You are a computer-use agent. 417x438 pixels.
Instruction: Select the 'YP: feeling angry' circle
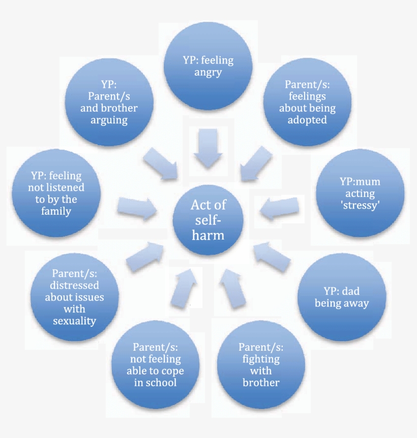[207, 66]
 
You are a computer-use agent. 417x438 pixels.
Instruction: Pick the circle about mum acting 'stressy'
[360, 194]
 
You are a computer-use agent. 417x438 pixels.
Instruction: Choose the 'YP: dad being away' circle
[342, 297]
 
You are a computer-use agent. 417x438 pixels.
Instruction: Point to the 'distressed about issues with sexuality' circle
[74, 297]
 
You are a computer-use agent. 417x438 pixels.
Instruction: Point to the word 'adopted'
[307, 120]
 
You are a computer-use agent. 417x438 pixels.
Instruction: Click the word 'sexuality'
[74, 321]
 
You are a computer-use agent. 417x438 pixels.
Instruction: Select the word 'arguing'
[109, 120]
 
